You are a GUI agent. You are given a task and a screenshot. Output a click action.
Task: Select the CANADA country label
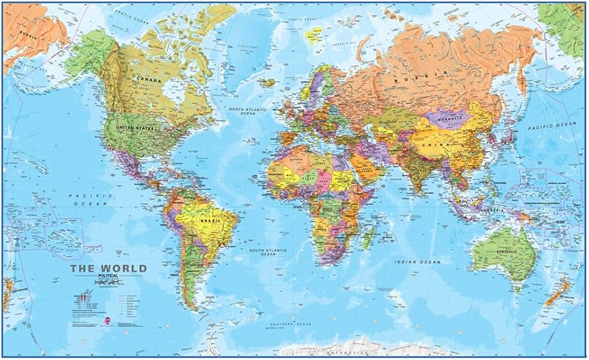[148, 80]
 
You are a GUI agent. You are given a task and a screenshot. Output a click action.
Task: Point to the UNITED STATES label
[135, 127]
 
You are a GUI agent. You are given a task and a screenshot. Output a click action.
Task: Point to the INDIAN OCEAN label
[417, 262]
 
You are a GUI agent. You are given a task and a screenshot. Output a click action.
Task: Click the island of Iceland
[267, 83]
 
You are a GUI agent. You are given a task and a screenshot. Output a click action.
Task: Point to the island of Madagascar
[370, 235]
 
